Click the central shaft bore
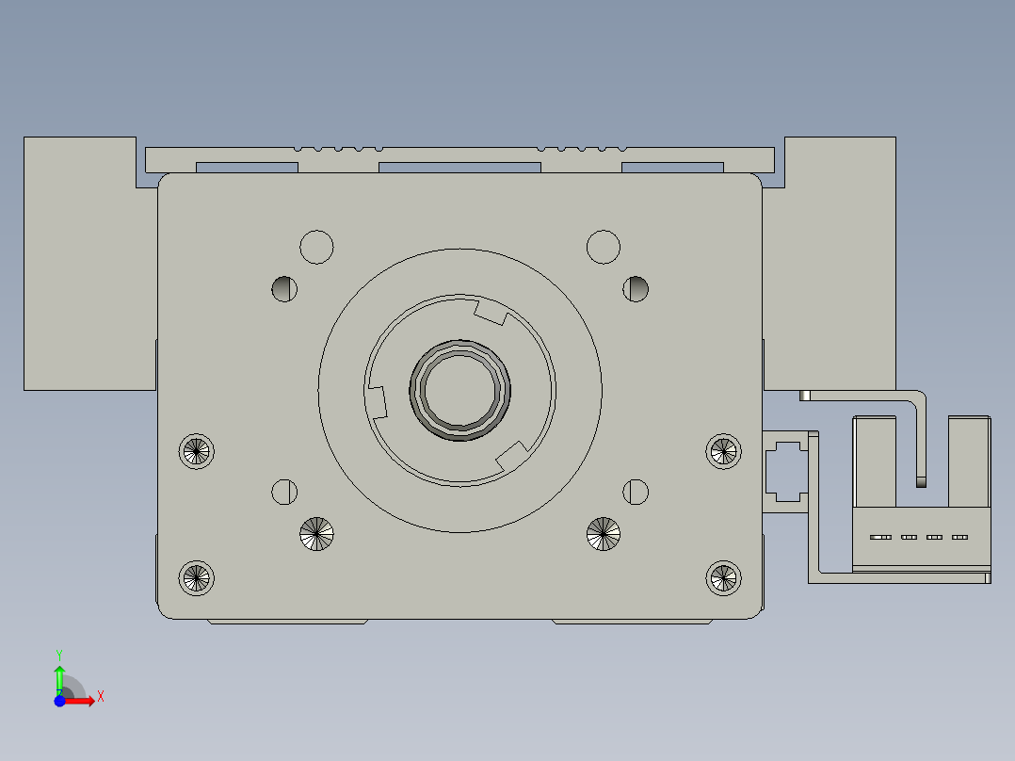pyautogui.click(x=460, y=389)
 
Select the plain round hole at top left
pyautogui.click(x=316, y=247)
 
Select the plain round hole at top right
pyautogui.click(x=604, y=247)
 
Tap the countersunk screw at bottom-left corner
pyautogui.click(x=197, y=576)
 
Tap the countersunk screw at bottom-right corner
pyautogui.click(x=723, y=576)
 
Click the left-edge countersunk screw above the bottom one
pyautogui.click(x=197, y=451)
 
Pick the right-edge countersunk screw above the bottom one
pyautogui.click(x=723, y=451)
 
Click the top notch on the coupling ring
pyautogui.click(x=491, y=312)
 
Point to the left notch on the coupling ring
pyautogui.click(x=378, y=399)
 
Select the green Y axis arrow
pyautogui.click(x=59, y=676)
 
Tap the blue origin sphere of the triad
pyautogui.click(x=59, y=701)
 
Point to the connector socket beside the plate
pyautogui.click(x=785, y=471)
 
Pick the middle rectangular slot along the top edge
pyautogui.click(x=459, y=168)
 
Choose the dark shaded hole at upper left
pyautogui.click(x=284, y=289)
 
